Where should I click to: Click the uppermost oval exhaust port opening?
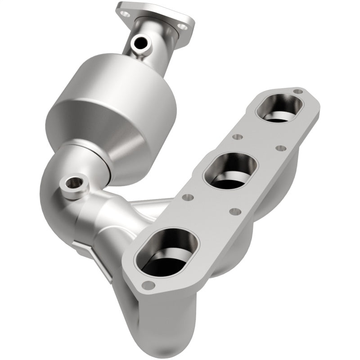tap(279, 108)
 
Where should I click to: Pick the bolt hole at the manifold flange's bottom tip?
tap(147, 285)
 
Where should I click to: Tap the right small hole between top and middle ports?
tap(281, 148)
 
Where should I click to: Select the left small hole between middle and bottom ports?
tap(189, 197)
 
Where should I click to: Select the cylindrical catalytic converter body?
tap(110, 94)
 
